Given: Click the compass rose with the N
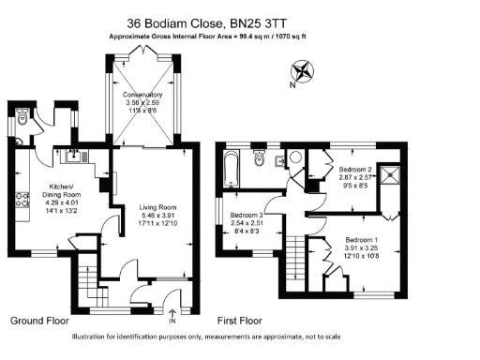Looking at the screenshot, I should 304,71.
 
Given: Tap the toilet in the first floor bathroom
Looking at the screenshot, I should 259,156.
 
